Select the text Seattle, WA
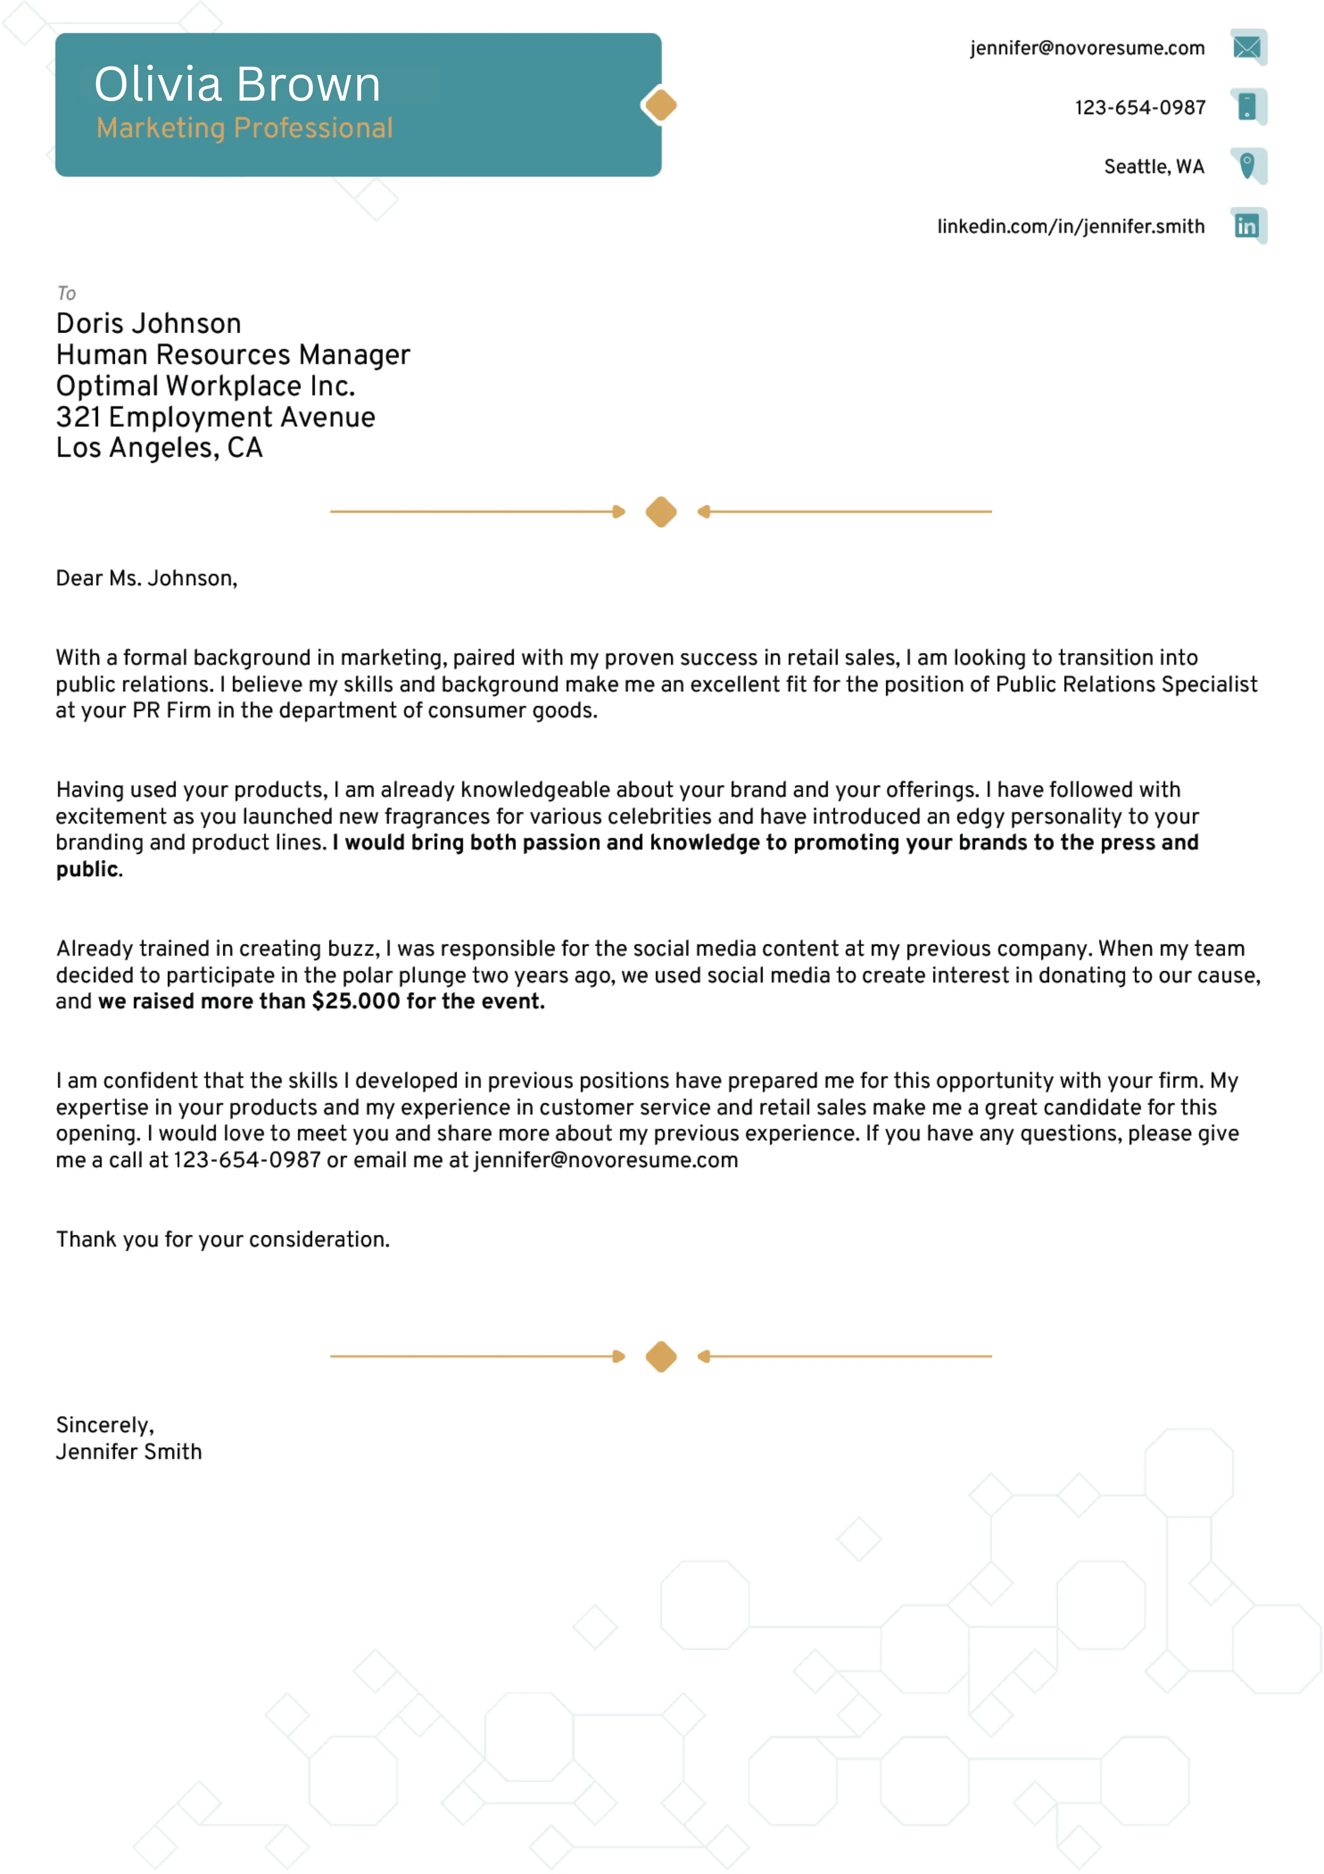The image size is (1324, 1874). (1153, 167)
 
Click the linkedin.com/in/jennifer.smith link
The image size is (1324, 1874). (1070, 226)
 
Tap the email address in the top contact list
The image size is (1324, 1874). (1087, 48)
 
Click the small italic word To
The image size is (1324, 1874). (66, 293)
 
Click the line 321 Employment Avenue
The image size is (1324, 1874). (215, 417)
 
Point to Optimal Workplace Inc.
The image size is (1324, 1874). (205, 386)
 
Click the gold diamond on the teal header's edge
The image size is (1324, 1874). (660, 105)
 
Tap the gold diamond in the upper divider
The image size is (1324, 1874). (660, 512)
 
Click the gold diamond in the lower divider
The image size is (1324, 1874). (660, 1357)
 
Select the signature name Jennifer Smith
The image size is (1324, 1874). (129, 1452)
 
